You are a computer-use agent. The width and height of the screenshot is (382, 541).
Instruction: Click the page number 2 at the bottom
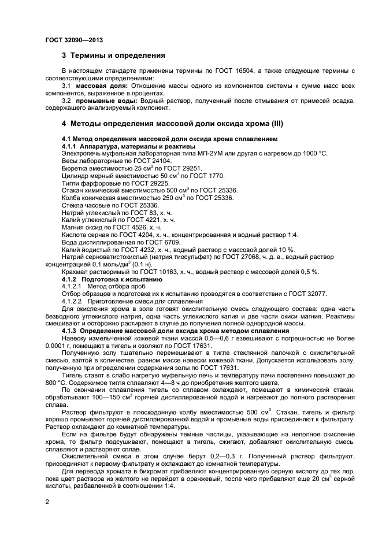tap(47, 502)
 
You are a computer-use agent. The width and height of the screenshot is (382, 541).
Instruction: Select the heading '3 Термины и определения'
tap(113, 56)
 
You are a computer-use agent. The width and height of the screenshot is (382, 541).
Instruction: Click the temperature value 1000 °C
tap(313, 153)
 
